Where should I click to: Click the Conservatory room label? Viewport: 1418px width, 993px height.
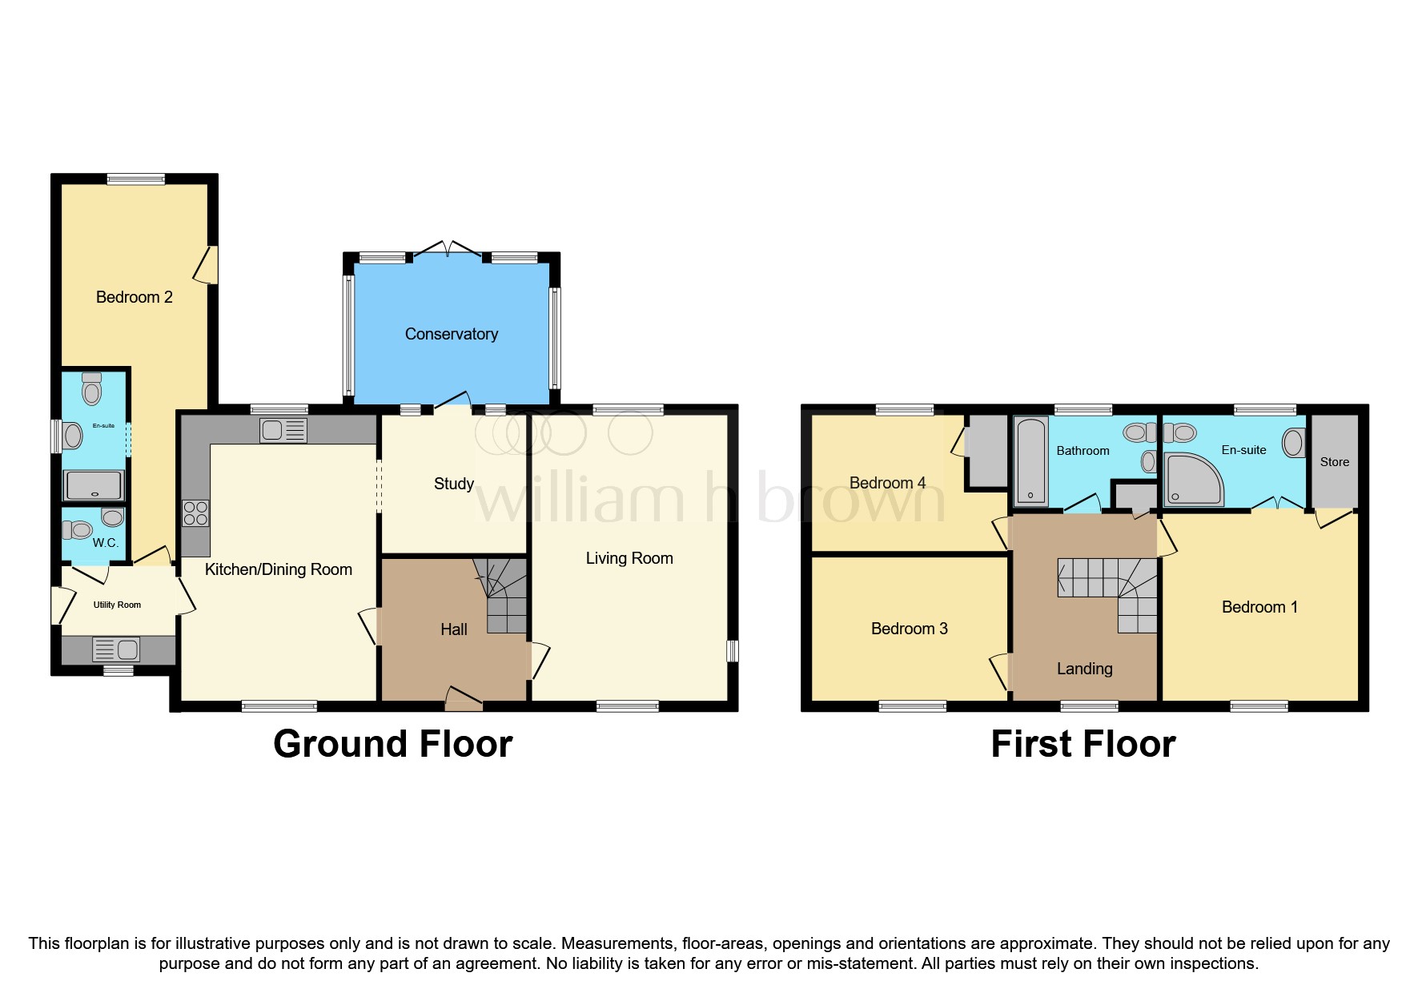[451, 334]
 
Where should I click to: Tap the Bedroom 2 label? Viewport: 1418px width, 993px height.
[134, 297]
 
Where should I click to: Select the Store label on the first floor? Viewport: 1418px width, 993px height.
[1334, 462]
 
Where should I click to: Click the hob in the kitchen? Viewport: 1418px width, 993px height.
[195, 513]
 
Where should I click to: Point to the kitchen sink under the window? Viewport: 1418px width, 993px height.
[283, 430]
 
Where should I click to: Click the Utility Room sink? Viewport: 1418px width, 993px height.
[116, 648]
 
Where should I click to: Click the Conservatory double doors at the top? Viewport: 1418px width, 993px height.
[448, 248]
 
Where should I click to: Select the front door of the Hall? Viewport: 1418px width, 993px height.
[464, 699]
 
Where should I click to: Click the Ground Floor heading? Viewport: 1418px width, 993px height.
[392, 744]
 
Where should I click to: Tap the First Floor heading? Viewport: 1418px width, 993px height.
[1083, 744]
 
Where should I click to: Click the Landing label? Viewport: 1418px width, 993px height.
[1084, 669]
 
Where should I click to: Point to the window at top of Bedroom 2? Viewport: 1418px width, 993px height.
[136, 179]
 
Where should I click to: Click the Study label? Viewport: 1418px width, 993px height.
[453, 484]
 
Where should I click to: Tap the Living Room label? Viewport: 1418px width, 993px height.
[629, 558]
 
